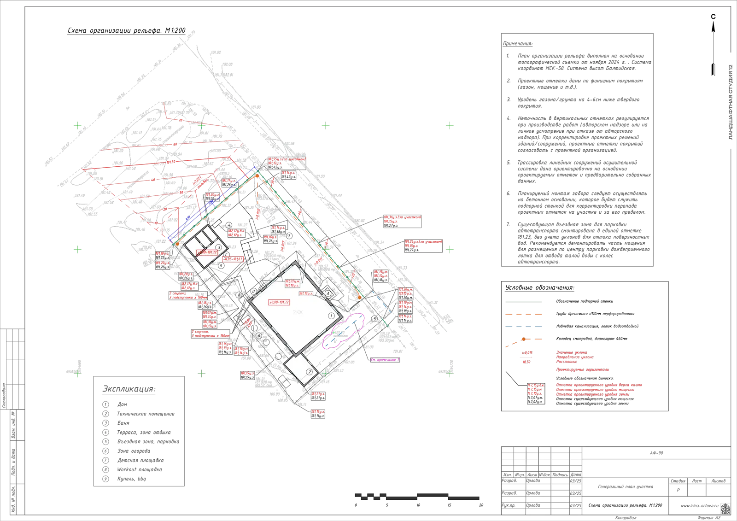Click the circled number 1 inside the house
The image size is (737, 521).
coord(331,316)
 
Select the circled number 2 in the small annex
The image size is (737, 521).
coord(310,372)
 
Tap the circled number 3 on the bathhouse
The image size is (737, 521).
coord(219,247)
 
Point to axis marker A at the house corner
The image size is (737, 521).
coord(328,293)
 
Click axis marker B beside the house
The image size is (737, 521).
coord(253,291)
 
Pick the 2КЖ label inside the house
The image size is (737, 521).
coord(298,312)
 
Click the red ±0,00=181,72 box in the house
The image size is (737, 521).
coord(279,302)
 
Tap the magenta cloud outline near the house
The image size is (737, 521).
coord(344,330)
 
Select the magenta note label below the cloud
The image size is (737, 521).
coord(385,360)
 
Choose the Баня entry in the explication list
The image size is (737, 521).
coord(123,423)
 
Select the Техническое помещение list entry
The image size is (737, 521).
coord(146,414)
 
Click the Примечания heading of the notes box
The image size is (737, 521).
coord(518,44)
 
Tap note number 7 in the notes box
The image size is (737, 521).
coord(509,224)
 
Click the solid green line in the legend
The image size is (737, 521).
coord(523,301)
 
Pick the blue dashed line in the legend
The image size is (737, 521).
coord(523,327)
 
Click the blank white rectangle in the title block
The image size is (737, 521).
coord(657,468)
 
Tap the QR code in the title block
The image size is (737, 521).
coord(725,508)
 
